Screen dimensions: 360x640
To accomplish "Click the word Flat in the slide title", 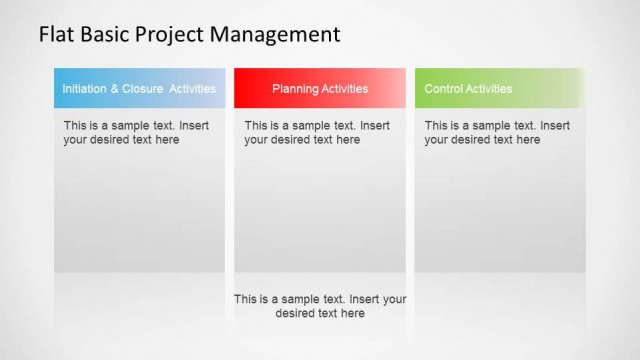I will [55, 35].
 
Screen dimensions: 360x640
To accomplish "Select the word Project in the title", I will [171, 36].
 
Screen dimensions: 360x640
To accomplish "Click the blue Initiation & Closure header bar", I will [139, 88].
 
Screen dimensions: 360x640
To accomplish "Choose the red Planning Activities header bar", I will [320, 88].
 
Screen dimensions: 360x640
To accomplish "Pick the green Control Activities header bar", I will [499, 88].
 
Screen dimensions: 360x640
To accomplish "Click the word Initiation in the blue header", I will [84, 89].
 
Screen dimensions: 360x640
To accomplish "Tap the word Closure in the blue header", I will [142, 89].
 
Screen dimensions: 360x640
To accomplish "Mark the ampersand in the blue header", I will [115, 89].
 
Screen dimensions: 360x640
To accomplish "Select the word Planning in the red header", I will [295, 89].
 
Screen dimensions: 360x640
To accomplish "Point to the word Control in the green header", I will [444, 89].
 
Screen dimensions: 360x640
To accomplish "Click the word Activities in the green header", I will [490, 89].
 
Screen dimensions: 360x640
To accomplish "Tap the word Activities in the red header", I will [345, 89].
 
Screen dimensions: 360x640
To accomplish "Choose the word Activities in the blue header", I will [192, 89].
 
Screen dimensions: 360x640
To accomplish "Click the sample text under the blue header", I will [137, 133].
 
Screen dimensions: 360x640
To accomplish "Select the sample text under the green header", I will [497, 133].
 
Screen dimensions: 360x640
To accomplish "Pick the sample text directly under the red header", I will [317, 133].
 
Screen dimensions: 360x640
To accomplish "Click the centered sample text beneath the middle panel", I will [320, 306].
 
